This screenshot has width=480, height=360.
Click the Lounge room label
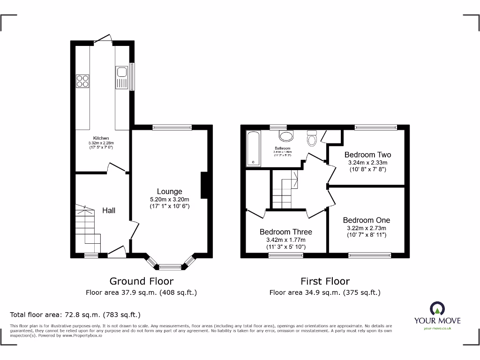pos(169,191)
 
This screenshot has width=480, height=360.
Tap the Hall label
pos(109,210)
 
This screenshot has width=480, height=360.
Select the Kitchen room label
pos(101,138)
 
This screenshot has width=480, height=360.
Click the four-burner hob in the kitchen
pos(82,81)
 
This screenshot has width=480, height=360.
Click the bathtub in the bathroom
pos(253,149)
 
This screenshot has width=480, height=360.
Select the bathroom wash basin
pos(285,135)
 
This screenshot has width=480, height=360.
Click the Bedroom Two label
pos(367,155)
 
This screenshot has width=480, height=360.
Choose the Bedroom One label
pos(366,220)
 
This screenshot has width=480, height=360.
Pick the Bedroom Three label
pos(286,232)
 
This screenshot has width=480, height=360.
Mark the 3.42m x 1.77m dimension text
pos(286,240)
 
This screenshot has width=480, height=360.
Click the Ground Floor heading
pos(141,281)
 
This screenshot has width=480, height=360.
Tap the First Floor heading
pos(325,281)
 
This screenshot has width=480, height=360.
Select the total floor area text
pos(75,315)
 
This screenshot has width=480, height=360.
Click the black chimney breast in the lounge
pos(204,186)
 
